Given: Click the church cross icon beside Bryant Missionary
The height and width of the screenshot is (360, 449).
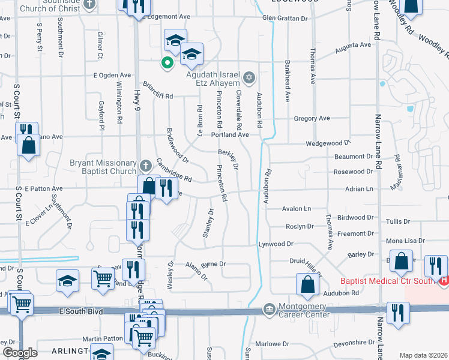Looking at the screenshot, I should [x=145, y=164].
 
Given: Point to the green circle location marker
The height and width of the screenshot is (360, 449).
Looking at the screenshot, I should [x=166, y=61].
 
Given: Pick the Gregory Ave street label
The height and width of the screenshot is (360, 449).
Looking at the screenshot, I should [x=312, y=119].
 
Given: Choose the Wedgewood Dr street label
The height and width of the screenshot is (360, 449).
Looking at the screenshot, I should [x=328, y=143].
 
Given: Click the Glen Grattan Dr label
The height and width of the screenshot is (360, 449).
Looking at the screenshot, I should [x=285, y=18].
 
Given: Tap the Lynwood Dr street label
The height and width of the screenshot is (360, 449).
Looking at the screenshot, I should [x=276, y=244].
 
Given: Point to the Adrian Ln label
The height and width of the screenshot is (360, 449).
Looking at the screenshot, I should [x=359, y=189].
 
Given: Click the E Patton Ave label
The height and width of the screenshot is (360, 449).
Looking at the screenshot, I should [x=44, y=188].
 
